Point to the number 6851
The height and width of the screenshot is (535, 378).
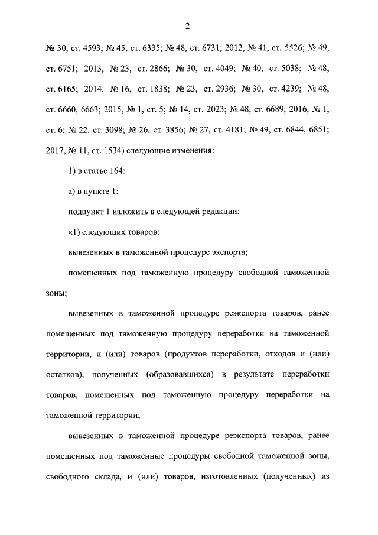tap(317, 130)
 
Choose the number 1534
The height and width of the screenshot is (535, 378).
tap(109, 151)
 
